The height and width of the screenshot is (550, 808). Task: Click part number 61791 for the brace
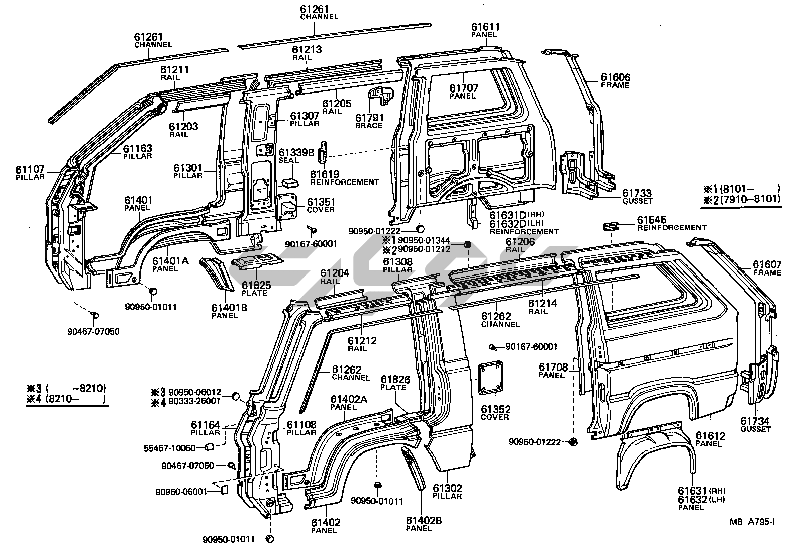[x=369, y=118]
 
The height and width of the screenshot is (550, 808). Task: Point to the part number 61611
[x=485, y=27]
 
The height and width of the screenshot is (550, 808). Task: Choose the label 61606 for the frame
[x=616, y=77]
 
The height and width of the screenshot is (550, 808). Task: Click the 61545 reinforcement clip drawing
[x=611, y=226]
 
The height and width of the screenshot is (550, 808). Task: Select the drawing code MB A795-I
[x=752, y=522]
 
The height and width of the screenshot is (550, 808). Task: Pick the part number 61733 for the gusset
[x=637, y=193]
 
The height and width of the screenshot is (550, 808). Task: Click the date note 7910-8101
[x=750, y=199]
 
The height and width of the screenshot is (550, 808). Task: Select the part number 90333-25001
[x=194, y=401]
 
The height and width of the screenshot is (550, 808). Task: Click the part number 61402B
[x=424, y=521]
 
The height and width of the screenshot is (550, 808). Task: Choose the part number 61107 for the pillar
[x=30, y=170]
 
